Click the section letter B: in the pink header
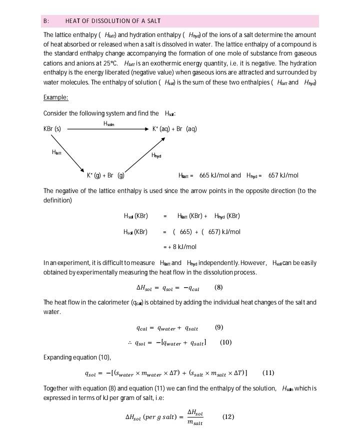[x=46, y=21]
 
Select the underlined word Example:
[x=55, y=97]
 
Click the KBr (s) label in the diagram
[x=52, y=129]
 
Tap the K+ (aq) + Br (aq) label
[x=174, y=129]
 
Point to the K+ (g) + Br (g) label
[x=105, y=175]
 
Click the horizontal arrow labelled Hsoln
[x=107, y=129]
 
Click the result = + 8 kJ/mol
[x=180, y=247]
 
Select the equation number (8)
[x=218, y=287]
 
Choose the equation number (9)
[x=219, y=328]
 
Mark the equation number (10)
[x=225, y=342]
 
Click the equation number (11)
[x=268, y=373]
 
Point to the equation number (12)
[x=228, y=417]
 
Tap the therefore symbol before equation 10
[x=129, y=343]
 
